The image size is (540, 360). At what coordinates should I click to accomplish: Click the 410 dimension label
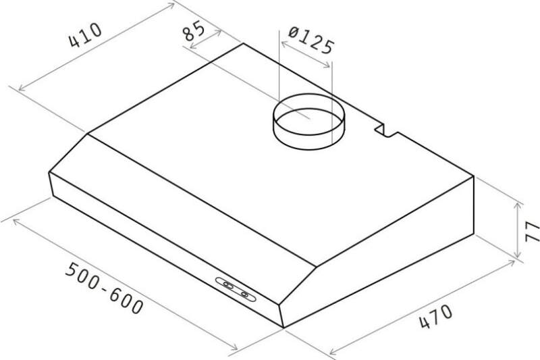86,35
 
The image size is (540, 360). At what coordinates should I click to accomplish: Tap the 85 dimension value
193,30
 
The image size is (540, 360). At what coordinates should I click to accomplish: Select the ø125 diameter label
311,41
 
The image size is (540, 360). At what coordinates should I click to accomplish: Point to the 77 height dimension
533,231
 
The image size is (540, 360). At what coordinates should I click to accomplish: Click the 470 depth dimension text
436,316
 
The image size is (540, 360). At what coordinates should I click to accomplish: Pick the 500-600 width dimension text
104,288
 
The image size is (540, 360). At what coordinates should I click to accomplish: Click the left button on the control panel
227,284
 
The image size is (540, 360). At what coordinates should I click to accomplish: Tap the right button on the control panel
245,294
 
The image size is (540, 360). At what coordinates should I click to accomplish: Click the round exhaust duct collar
308,122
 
